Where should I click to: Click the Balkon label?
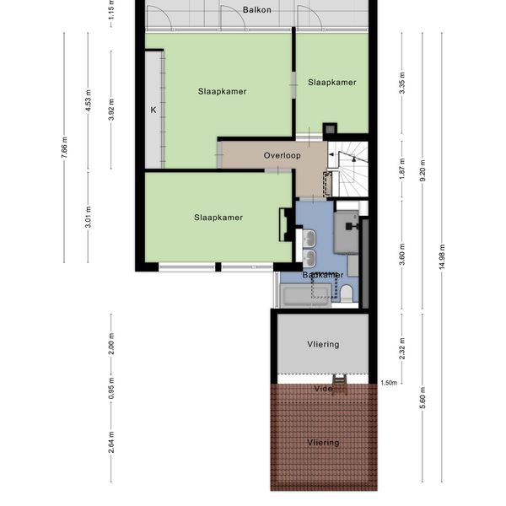[x=257, y=10]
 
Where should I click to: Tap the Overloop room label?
[x=283, y=155]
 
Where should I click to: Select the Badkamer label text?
[x=323, y=275]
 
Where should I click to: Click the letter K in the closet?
[x=153, y=110]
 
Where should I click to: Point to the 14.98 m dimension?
[x=442, y=257]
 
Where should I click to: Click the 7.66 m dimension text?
[x=64, y=148]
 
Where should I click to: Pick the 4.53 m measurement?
[x=89, y=100]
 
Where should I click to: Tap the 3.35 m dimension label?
[x=402, y=83]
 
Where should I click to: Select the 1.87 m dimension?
[x=402, y=169]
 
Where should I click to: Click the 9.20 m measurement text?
[x=423, y=170]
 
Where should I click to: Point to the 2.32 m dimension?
[x=402, y=348]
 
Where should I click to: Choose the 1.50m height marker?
[x=389, y=383]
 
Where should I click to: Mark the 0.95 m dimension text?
[x=111, y=388]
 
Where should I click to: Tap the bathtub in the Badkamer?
[x=305, y=295]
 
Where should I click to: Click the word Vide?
[x=323, y=389]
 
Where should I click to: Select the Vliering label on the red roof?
[x=323, y=443]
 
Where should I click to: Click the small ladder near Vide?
[x=340, y=381]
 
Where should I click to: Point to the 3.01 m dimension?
[x=89, y=217]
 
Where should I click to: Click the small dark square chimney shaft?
[x=330, y=129]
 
